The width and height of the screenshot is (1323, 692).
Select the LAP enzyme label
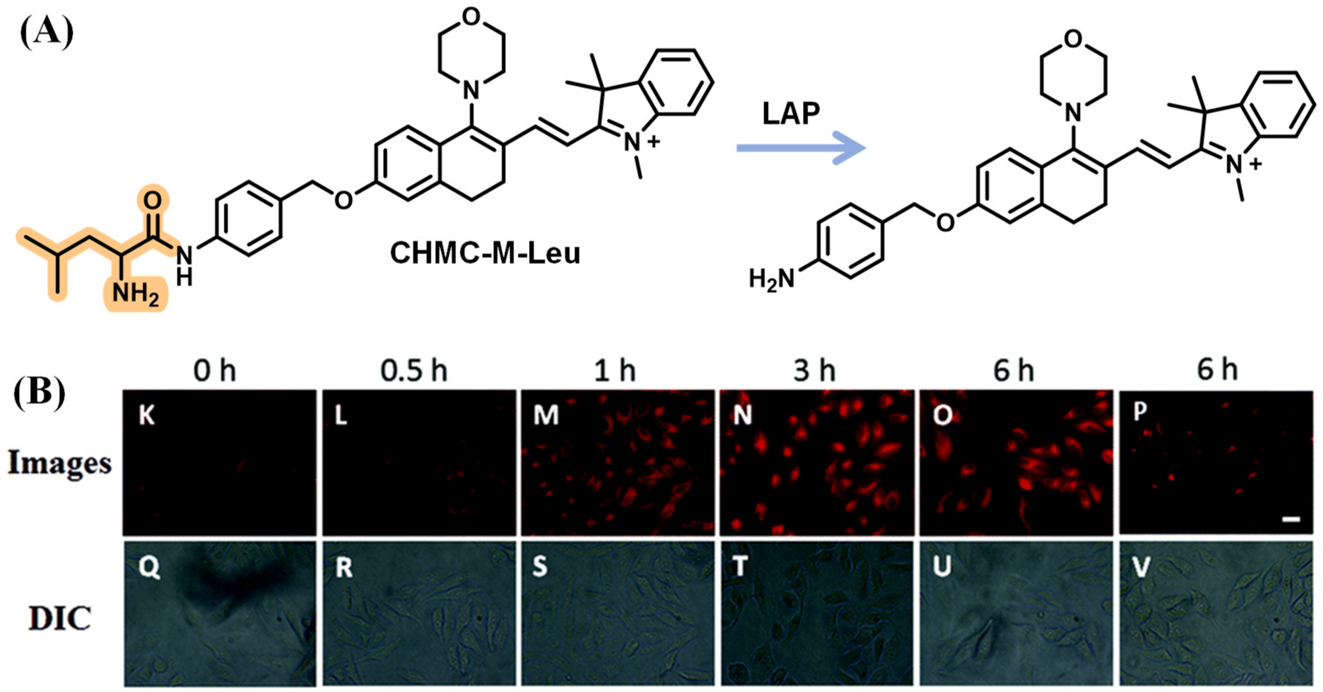coord(791,114)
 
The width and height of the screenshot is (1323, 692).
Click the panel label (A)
coord(46,32)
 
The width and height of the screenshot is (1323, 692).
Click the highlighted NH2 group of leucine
coord(135,294)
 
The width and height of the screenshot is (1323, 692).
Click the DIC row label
coord(60,618)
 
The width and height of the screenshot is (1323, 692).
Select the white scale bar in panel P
coord(1291,520)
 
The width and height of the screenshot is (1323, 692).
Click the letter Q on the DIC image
coord(149,569)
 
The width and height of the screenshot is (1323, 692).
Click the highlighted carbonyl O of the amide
coord(153,200)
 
